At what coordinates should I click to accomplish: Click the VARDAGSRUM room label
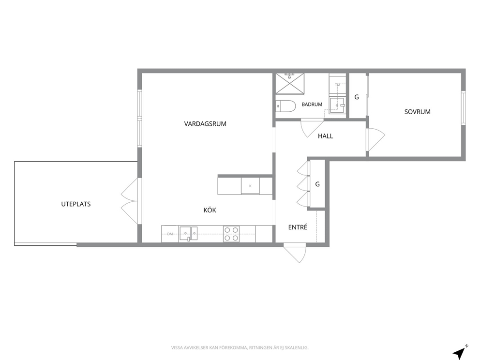(205, 124)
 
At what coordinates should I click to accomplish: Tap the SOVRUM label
(417, 112)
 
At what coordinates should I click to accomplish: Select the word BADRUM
(312, 105)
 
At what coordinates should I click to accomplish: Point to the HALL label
(326, 136)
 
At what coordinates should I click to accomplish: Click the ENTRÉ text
(298, 227)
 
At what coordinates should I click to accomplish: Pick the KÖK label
(210, 210)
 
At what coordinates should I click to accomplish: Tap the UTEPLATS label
(76, 204)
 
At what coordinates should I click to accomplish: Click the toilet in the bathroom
(285, 106)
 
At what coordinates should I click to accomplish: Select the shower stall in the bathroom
(290, 84)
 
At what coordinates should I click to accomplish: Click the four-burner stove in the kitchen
(231, 234)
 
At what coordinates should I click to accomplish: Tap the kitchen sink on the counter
(188, 234)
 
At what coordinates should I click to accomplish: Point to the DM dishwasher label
(170, 234)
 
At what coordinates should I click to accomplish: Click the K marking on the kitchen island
(251, 186)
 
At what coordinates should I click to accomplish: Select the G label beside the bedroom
(357, 97)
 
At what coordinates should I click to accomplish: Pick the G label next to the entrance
(317, 184)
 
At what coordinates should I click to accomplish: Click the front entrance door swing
(295, 253)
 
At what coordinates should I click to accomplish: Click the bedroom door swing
(375, 139)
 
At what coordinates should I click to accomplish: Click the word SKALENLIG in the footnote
(297, 347)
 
